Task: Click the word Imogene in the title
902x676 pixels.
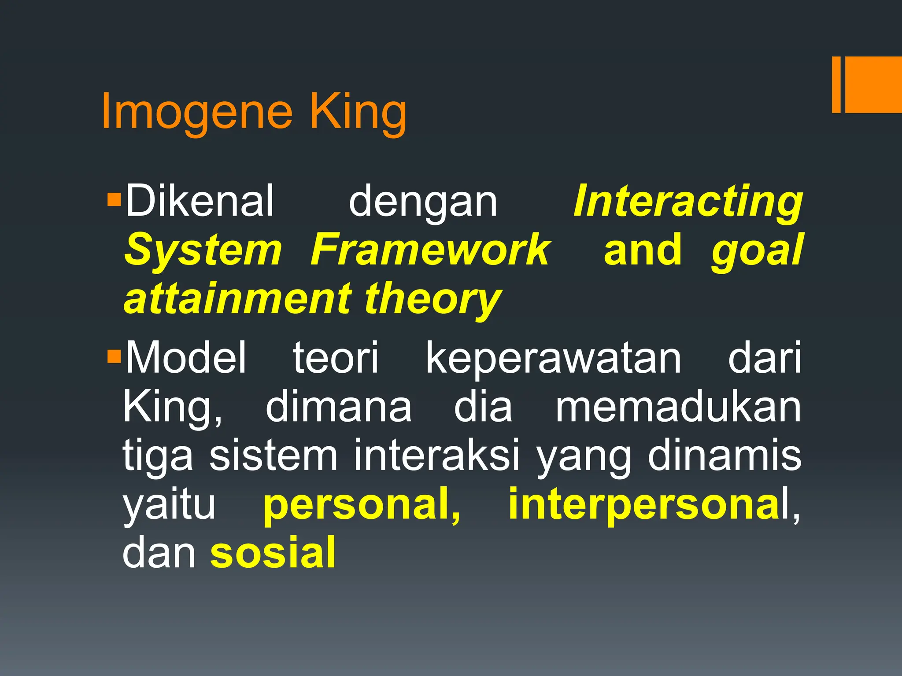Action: (196, 112)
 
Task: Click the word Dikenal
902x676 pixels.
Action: (200, 201)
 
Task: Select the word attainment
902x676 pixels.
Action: (238, 299)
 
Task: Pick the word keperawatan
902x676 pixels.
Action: (554, 357)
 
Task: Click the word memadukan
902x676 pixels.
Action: (678, 406)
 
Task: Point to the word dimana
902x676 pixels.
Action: (338, 406)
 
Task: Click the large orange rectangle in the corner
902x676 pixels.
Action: (873, 84)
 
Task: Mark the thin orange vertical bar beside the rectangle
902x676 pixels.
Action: (836, 84)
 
